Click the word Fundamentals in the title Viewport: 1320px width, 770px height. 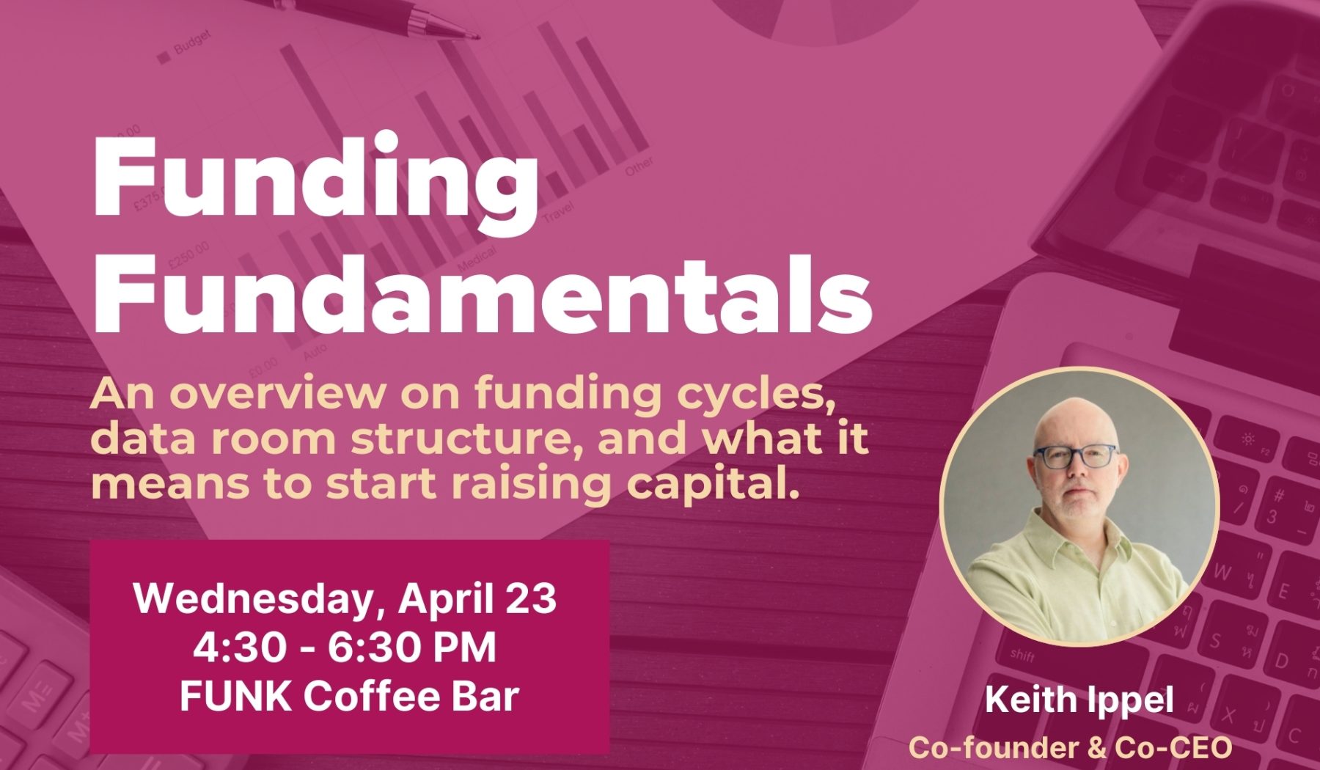[483, 293]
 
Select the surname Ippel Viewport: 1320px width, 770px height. [1129, 701]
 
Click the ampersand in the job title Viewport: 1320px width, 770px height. [1096, 748]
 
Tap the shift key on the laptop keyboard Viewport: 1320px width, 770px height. [1022, 654]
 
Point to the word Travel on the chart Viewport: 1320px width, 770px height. [559, 213]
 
